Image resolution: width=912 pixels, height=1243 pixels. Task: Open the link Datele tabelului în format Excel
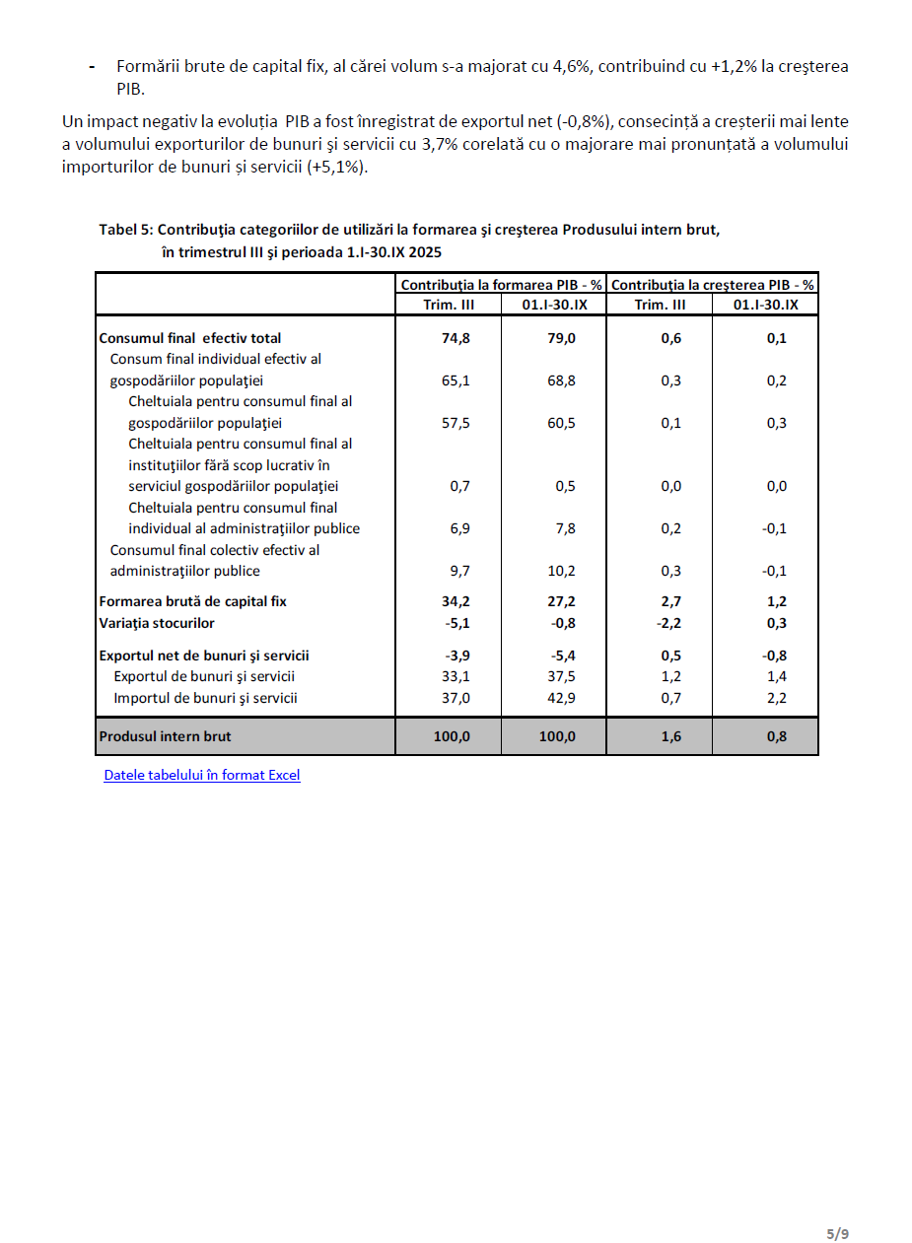(202, 775)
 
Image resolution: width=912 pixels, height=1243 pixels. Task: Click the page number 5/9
(837, 1233)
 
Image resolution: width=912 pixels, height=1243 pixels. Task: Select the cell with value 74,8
(456, 338)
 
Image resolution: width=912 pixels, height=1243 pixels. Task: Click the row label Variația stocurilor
(157, 623)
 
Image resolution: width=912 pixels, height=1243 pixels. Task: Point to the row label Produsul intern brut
(166, 736)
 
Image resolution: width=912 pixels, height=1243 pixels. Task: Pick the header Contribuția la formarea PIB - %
(501, 285)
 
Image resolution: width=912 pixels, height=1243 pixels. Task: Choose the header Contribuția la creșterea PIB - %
(713, 285)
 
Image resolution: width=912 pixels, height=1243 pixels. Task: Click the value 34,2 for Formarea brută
(456, 601)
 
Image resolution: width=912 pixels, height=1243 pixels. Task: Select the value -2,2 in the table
(670, 623)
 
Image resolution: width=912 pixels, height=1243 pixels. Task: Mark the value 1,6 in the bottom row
(670, 736)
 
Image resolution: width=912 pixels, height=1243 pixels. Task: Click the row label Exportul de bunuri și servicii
(204, 676)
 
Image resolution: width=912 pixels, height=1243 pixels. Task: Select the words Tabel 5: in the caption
(125, 230)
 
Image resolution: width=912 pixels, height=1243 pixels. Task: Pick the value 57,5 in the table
(456, 423)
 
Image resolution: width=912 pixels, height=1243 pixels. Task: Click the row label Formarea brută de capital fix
(193, 601)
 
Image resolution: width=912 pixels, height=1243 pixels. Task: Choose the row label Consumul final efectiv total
(190, 338)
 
